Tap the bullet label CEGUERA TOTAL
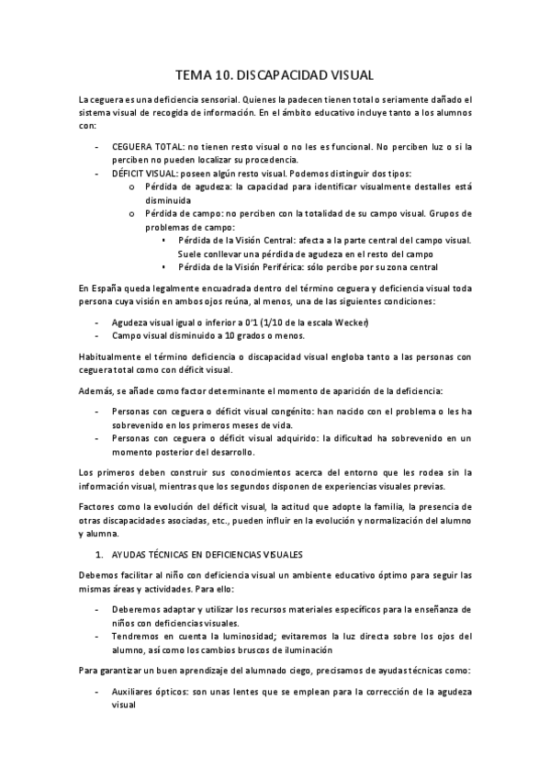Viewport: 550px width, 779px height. pos(147,147)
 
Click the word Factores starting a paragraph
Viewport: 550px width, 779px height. pos(99,506)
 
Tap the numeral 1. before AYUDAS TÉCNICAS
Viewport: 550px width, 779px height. pos(100,554)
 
